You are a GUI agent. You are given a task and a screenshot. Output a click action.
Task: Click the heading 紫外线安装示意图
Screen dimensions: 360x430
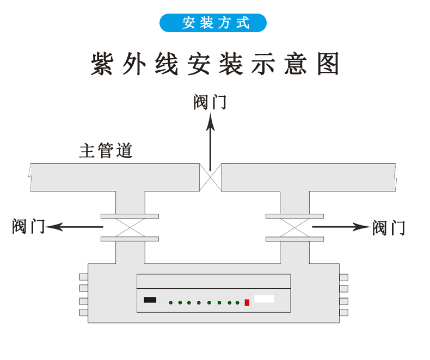[x=214, y=64]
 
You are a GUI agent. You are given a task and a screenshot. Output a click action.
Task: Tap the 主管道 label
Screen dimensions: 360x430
[x=106, y=151]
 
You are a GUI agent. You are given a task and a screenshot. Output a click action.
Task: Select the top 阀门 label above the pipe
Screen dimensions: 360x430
[x=210, y=102]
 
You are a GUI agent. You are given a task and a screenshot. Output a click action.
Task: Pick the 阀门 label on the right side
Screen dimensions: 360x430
[x=389, y=228]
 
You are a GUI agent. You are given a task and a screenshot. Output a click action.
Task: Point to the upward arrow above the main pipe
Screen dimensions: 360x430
[x=210, y=141]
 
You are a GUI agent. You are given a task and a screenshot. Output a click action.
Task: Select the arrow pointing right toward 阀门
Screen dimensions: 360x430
[x=340, y=227]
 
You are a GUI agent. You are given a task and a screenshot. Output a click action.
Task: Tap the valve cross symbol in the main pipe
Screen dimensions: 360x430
[x=210, y=177]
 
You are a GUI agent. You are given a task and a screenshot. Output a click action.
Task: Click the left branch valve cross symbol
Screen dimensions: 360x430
[x=130, y=227]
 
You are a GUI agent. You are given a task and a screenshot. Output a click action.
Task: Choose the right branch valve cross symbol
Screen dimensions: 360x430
[x=294, y=227]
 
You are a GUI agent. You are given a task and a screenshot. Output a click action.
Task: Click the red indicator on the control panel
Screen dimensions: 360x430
[x=247, y=302]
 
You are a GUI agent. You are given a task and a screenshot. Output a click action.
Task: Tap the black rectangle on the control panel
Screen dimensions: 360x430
[x=150, y=300]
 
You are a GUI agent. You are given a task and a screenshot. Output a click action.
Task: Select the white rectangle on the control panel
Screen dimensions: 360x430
[x=264, y=299]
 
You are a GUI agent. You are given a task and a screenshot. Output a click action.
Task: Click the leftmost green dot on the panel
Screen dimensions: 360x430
[x=170, y=302]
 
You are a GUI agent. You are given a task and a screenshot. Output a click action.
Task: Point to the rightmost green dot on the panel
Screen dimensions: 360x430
[x=238, y=302]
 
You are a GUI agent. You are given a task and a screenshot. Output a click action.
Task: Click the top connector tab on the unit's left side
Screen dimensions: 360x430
[x=83, y=277]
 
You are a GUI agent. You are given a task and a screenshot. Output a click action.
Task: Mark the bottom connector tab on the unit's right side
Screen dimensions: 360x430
[x=343, y=312]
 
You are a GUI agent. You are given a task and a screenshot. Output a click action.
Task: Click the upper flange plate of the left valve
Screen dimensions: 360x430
[x=130, y=216]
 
